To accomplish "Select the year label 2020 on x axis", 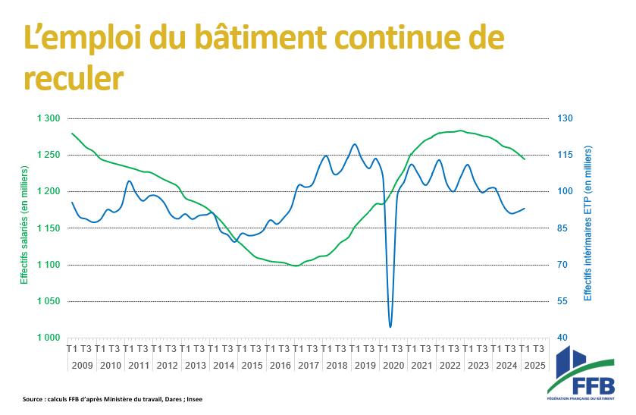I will click(393, 365).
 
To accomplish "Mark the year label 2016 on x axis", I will click(280, 365).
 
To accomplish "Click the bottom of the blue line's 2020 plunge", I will click(390, 327).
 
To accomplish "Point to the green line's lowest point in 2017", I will click(296, 266).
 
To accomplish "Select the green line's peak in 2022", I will click(460, 130).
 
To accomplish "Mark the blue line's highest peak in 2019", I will click(355, 144).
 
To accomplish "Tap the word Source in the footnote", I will click(33, 399).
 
